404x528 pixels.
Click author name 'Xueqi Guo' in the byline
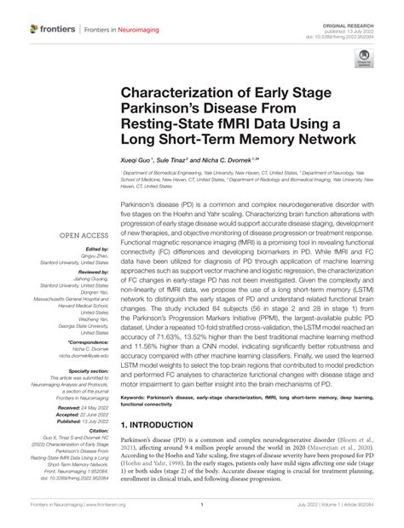136,160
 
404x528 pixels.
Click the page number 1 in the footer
202,516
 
